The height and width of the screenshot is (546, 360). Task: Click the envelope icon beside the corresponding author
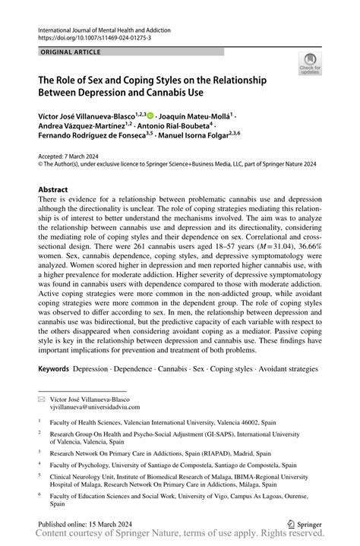click(x=43, y=399)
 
